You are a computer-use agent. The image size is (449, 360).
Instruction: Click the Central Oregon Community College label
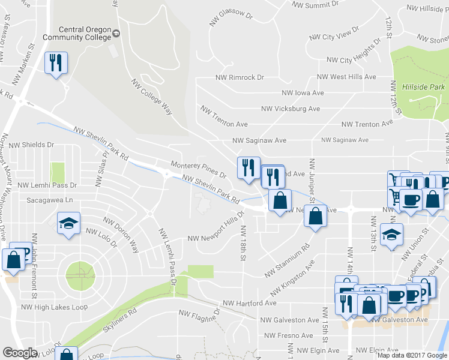[x=85, y=33]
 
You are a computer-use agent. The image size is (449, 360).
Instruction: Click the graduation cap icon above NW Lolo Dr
[x=68, y=224]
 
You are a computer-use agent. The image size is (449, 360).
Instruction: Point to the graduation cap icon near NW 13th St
[x=391, y=234]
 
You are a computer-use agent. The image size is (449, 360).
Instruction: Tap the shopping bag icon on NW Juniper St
[x=315, y=216]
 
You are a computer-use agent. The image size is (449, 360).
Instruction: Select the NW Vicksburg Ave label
[x=291, y=109]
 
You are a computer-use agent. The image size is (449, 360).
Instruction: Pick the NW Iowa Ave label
[x=303, y=93]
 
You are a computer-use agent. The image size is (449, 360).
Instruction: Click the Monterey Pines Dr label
[x=198, y=169]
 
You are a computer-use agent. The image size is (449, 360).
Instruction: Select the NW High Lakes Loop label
[x=55, y=307]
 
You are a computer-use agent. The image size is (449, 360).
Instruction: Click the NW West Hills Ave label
[x=346, y=77]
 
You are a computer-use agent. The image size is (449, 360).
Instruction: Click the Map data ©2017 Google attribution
[x=412, y=355]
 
